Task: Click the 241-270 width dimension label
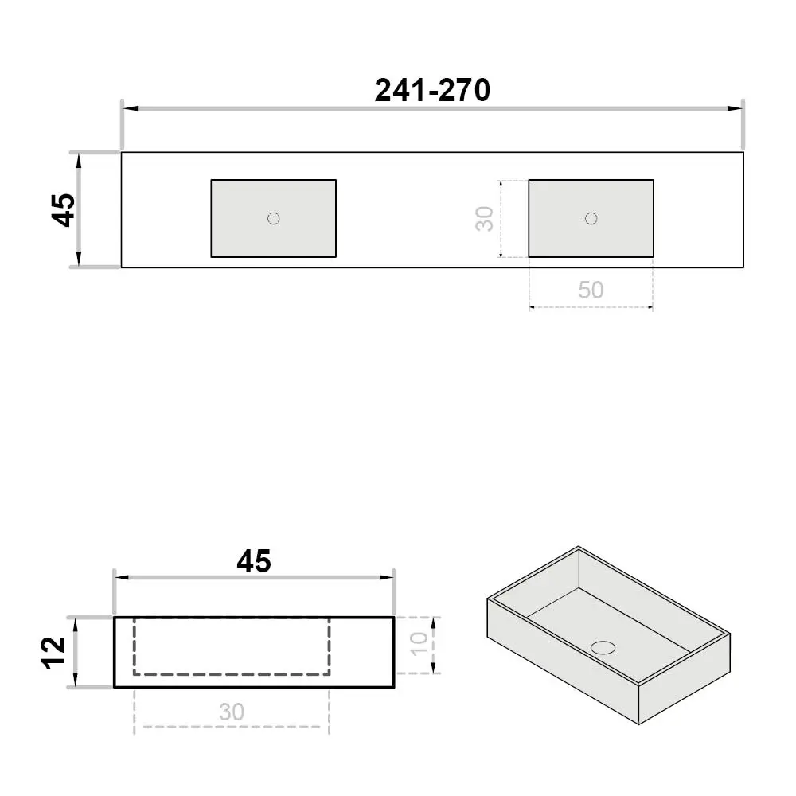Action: coord(432,91)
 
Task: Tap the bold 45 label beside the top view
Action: coord(64,209)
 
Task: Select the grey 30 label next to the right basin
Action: coord(485,219)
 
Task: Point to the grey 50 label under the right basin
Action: coord(591,290)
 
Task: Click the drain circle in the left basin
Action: coord(274,218)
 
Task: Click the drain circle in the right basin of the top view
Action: coord(591,218)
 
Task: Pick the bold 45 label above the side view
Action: coord(254,561)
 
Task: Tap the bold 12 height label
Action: coord(54,653)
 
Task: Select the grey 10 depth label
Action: coord(419,644)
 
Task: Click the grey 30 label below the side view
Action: coord(232,712)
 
